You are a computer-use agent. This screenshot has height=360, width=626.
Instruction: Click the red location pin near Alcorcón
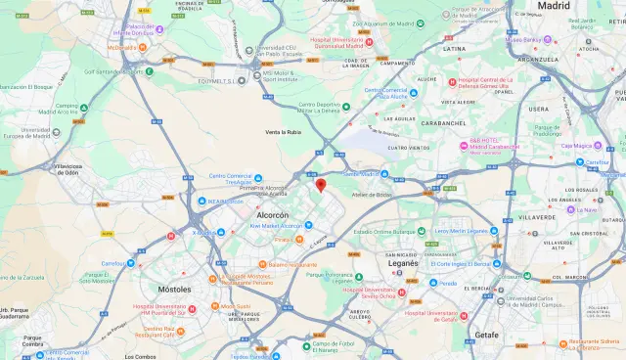321,186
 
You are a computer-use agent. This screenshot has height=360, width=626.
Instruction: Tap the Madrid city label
554,6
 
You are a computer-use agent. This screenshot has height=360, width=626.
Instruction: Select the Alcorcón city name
271,214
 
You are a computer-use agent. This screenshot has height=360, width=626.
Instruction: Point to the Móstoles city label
174,290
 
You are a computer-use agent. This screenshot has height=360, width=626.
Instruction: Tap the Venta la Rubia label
282,132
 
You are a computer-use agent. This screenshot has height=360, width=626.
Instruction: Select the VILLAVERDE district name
537,216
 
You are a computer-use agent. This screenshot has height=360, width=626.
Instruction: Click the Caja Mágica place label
578,146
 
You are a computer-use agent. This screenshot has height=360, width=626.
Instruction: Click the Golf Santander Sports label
113,70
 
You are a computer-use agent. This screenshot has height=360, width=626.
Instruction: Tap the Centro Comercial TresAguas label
231,179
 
